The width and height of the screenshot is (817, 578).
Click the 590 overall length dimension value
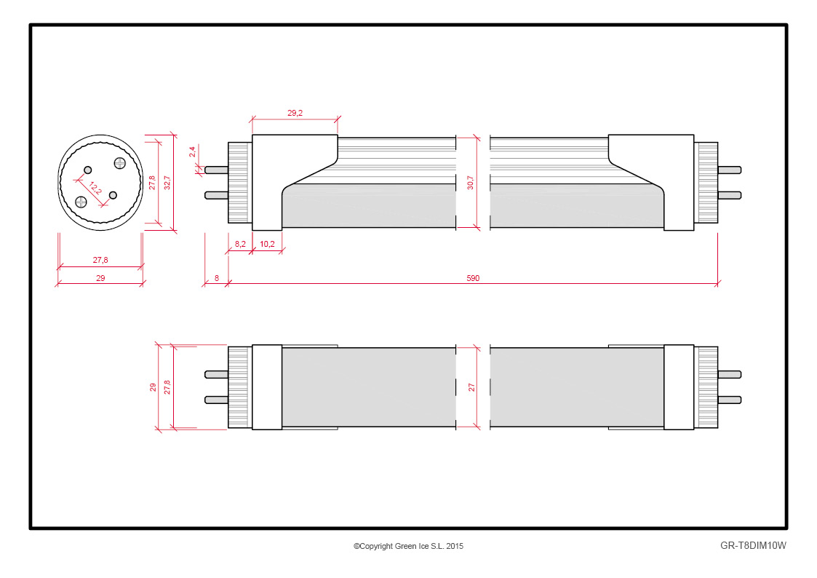click(x=473, y=278)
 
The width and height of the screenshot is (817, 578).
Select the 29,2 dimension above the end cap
click(x=295, y=113)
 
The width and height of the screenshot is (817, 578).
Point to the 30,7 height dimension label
click(x=471, y=183)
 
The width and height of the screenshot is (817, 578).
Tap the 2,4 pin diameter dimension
click(x=192, y=151)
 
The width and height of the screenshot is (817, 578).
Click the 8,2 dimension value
click(x=240, y=243)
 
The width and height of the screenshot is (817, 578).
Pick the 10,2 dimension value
click(x=267, y=243)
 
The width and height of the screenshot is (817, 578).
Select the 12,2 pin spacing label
click(x=95, y=188)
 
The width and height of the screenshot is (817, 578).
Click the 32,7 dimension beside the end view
click(x=167, y=183)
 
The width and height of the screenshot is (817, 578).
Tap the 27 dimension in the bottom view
click(x=471, y=387)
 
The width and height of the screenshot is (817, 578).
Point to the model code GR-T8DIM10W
click(x=753, y=546)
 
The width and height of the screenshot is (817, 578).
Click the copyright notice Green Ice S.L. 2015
click(x=409, y=546)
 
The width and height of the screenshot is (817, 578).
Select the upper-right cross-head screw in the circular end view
click(x=120, y=163)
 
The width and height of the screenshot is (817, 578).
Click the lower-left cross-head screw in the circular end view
click(x=81, y=202)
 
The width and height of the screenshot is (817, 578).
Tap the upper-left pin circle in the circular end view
click(x=87, y=170)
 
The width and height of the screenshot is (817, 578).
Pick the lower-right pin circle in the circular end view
click(x=113, y=195)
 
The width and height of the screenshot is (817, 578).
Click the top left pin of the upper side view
click(x=216, y=170)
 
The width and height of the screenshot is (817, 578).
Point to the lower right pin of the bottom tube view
click(x=730, y=400)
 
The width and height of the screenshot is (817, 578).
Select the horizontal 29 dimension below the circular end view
click(x=100, y=278)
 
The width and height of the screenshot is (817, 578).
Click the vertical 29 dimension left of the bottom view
click(x=153, y=387)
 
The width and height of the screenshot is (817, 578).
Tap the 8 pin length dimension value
click(x=217, y=278)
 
